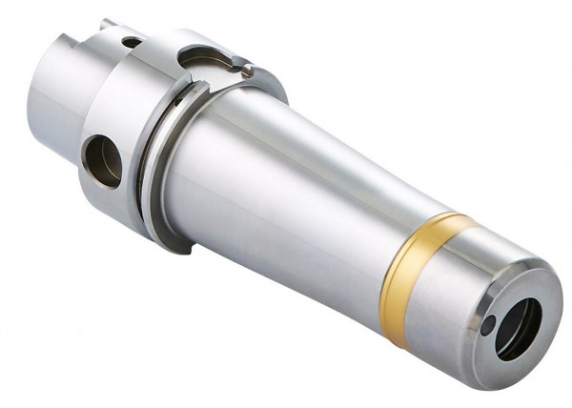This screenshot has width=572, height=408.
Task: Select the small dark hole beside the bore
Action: point(488,326)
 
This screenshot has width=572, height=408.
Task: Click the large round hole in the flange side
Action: point(103,160)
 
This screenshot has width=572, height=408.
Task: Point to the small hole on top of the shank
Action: point(131,42)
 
